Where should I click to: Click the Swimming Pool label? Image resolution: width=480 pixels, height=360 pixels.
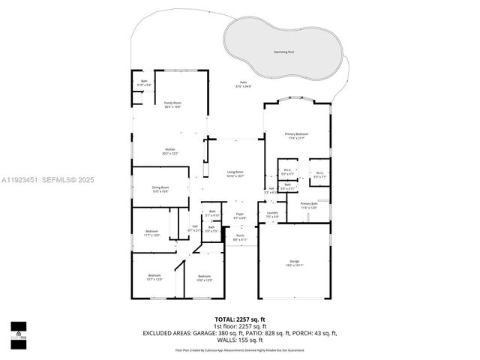[284, 52]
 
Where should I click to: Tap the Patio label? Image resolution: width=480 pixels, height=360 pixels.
[243, 84]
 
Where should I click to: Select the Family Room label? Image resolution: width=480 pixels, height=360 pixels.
[172, 104]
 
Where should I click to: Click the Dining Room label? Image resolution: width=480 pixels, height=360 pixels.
[160, 189]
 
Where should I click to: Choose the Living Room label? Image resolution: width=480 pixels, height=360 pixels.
[235, 174]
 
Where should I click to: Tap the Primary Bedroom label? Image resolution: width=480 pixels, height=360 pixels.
[296, 136]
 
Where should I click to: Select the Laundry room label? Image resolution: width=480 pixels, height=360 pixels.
[272, 214]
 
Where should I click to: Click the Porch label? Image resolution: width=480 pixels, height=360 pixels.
[240, 237]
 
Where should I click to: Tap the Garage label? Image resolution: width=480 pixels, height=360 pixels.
[293, 263]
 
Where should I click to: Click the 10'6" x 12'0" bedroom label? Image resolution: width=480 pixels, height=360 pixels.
[205, 278]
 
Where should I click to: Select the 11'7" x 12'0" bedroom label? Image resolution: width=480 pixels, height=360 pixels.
[151, 233]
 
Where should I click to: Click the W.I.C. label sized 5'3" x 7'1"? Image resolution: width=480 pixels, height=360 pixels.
[319, 175]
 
